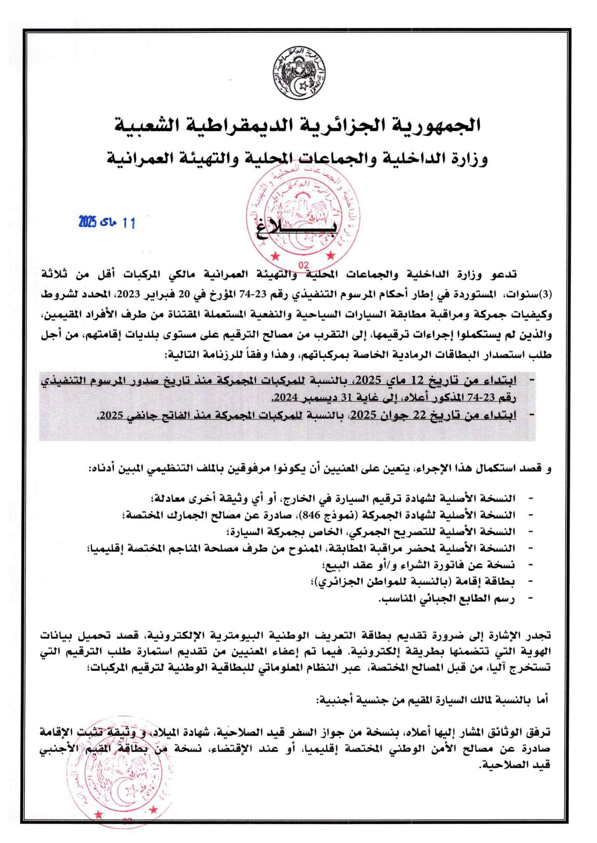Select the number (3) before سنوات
click(545, 295)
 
